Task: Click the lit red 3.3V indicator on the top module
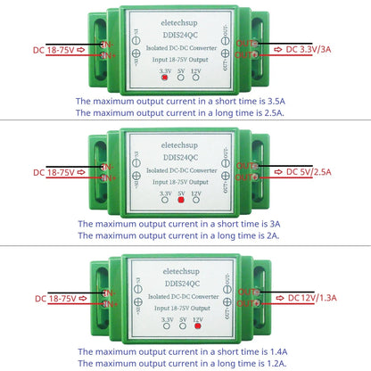[165, 78]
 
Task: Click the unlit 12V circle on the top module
[197, 78]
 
